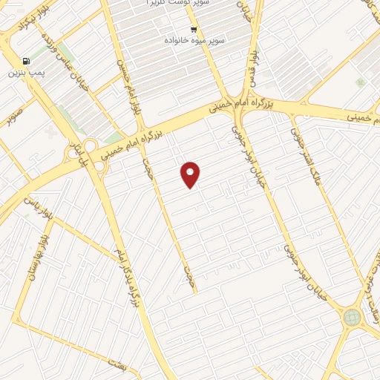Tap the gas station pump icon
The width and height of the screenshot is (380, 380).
[x=27, y=61]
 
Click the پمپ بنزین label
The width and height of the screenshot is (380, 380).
[x=22, y=73]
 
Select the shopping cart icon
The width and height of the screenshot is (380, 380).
[x=194, y=30]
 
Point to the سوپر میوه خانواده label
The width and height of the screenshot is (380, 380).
[x=194, y=40]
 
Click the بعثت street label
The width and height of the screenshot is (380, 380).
[x=117, y=364]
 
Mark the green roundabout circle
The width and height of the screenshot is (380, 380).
[x=351, y=318]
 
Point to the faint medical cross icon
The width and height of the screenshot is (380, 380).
[x=50, y=132]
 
